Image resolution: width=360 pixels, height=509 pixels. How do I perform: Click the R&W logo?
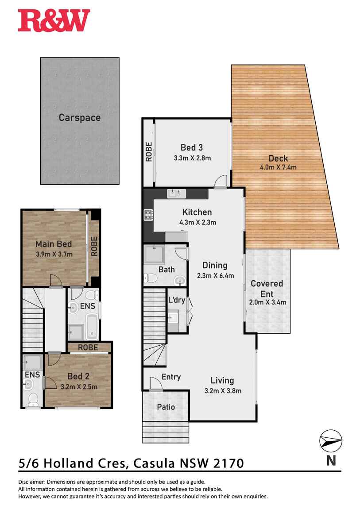tap(54, 21)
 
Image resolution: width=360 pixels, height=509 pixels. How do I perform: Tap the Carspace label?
tap(80, 118)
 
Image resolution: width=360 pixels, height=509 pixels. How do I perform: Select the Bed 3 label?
tap(191, 147)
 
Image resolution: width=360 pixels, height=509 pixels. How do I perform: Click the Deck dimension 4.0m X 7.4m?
tap(278, 167)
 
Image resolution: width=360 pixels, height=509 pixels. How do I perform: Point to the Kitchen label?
tap(197, 212)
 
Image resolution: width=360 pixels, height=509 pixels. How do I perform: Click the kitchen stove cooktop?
tap(147, 216)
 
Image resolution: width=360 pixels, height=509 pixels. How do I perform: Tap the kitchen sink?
tap(173, 193)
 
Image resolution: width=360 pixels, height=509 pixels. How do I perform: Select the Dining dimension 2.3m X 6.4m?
tap(215, 276)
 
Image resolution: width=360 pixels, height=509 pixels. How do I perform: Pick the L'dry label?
tap(176, 299)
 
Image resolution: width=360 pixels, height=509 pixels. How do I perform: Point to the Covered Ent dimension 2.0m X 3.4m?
tap(267, 303)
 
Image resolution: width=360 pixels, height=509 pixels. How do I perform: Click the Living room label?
tap(222, 380)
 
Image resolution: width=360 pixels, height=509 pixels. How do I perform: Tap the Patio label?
tap(166, 407)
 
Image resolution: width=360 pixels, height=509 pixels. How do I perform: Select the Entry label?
tap(171, 377)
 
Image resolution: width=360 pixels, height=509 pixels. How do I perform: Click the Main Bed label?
tap(54, 244)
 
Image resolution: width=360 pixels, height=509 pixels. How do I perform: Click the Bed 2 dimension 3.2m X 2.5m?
tap(79, 386)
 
